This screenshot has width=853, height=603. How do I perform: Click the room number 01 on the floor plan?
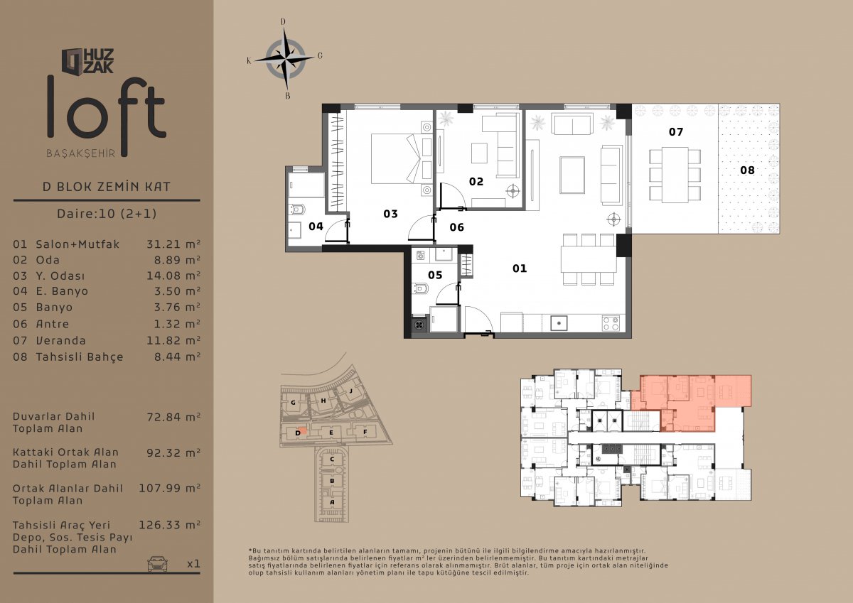coord(520,268)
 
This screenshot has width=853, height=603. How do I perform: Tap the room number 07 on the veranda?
coord(676,131)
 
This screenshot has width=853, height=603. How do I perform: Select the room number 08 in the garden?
coord(747,170)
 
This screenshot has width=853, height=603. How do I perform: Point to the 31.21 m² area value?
coord(173,244)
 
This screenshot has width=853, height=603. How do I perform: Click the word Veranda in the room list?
coord(61,340)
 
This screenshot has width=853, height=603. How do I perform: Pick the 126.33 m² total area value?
coord(169,525)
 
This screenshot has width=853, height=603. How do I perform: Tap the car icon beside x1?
coord(157,563)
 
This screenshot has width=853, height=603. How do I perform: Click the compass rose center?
coord(285,59)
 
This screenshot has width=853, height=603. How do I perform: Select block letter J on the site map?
coord(351,391)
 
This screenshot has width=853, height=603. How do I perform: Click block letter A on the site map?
coord(332,502)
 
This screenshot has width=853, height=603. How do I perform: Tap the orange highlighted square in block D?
coord(302,431)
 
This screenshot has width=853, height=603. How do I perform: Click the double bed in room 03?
coord(396,158)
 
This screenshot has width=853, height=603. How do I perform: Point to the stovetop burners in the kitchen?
coord(611,323)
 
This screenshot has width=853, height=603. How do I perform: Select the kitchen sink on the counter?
coord(559,323)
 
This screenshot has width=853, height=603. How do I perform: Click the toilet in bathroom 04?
coord(297,210)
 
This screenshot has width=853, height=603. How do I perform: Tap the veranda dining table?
coord(675,175)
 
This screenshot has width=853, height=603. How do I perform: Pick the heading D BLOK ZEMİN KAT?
coord(106,186)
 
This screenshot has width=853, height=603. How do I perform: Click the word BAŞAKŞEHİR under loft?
coord(81,153)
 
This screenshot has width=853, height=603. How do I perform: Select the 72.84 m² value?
coord(173,417)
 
